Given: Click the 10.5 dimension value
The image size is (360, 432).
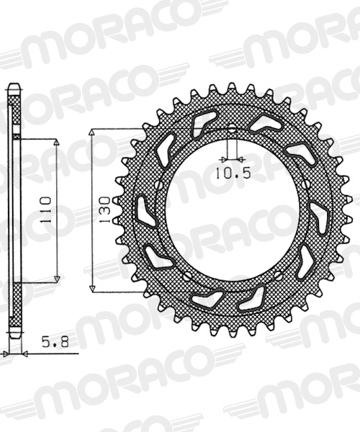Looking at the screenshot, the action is pyautogui.click(x=233, y=174).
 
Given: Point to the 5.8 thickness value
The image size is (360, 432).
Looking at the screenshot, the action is pyautogui.click(x=55, y=342).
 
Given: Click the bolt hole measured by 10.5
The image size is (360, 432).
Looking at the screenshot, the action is pyautogui.click(x=232, y=129).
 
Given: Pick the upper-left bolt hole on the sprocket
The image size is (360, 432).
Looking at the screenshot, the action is pyautogui.click(x=159, y=184).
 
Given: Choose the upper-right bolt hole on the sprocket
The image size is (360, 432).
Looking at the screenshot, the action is pyautogui.click(x=306, y=184).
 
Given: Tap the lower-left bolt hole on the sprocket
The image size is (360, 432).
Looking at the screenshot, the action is pyautogui.click(x=188, y=276).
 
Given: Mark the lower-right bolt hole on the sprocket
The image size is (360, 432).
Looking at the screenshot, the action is pyautogui.click(x=277, y=276).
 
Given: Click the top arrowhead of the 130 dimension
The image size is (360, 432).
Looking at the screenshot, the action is pyautogui.click(x=92, y=133).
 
